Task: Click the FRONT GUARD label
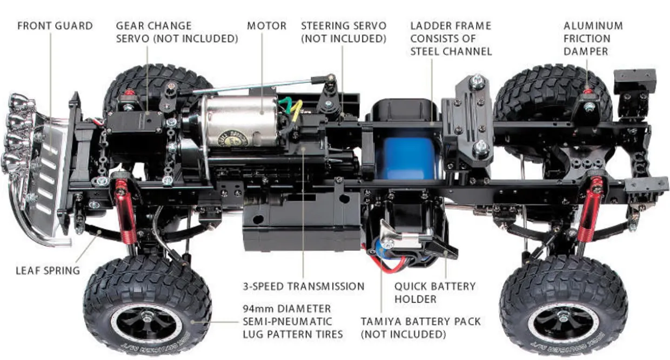(x=55, y=26)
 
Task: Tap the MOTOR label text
(x=266, y=26)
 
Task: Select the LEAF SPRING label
(x=48, y=270)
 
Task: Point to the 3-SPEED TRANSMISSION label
(x=304, y=286)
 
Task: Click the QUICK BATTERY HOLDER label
(x=435, y=292)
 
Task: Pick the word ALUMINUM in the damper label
(x=593, y=26)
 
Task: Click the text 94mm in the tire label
(x=257, y=309)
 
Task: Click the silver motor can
(x=241, y=121)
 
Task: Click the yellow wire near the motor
(x=294, y=111)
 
